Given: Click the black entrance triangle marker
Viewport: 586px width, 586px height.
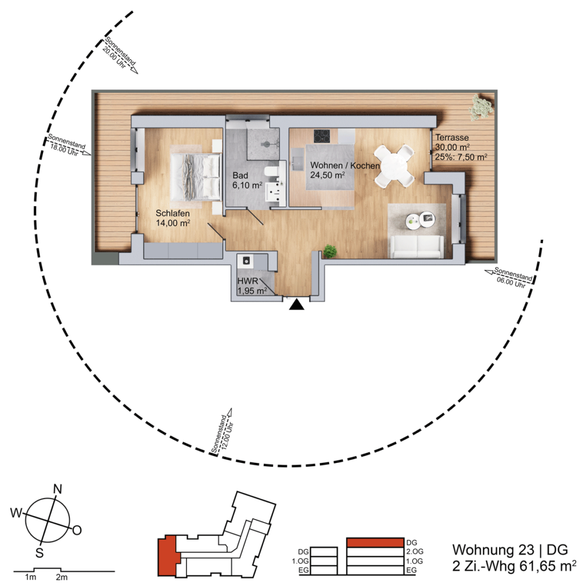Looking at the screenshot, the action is tap(297, 305).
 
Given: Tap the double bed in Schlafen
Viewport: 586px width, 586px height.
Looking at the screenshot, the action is tap(195, 176).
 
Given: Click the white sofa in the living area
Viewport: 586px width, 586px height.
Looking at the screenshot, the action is tap(417, 247).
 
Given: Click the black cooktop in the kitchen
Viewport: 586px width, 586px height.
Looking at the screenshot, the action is tap(322, 136).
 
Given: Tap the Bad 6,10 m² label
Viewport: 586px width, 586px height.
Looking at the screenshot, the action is tap(247, 180).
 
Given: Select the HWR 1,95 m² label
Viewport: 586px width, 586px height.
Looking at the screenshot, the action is tap(252, 286).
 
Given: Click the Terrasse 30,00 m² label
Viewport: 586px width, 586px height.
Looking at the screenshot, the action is tap(452, 142).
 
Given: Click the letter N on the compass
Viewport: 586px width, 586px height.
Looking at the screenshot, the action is tap(58, 489).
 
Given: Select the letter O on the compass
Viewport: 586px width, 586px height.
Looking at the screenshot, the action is tap(77, 530).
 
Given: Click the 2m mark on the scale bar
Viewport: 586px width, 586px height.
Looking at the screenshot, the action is tap(62, 577).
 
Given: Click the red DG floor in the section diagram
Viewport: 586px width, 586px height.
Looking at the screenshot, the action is tap(375, 543).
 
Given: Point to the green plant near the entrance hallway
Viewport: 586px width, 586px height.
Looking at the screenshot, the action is tap(330, 251).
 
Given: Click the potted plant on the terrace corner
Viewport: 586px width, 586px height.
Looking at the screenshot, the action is tap(481, 107).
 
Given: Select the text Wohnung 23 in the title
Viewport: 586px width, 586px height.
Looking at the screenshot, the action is tap(493, 550).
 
